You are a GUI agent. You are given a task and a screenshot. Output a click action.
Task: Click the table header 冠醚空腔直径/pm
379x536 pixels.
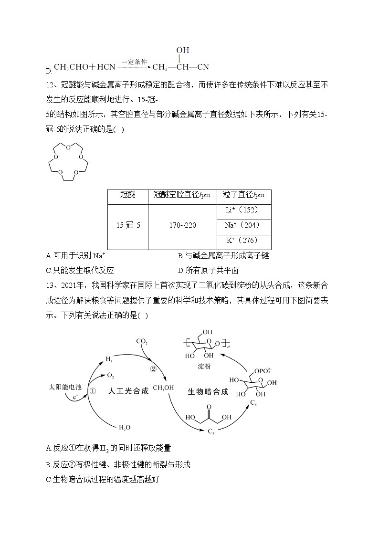tap(182, 195)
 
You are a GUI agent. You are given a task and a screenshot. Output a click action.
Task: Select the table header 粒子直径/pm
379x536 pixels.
tap(243, 195)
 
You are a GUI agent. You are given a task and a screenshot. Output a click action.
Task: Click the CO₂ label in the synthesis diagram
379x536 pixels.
tap(142, 341)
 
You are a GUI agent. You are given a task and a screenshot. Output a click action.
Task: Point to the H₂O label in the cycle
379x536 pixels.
tap(124, 428)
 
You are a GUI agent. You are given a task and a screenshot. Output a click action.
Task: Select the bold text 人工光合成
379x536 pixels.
tap(128, 391)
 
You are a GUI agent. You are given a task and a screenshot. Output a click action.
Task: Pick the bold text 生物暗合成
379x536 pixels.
tap(207, 392)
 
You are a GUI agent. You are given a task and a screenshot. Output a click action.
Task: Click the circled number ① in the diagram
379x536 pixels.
tap(93, 390)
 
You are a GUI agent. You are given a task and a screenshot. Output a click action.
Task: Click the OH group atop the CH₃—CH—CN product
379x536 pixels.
tap(182, 50)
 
